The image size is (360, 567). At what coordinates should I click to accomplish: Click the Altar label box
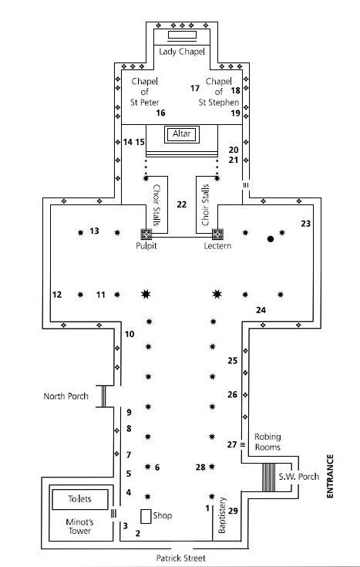[181, 134]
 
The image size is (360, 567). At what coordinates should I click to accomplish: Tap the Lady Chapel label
[182, 52]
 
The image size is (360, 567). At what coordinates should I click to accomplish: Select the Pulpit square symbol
[146, 235]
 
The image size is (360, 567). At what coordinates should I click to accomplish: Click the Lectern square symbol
[217, 235]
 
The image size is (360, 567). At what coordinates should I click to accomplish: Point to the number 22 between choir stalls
[181, 204]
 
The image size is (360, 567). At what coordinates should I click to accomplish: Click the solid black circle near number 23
[271, 239]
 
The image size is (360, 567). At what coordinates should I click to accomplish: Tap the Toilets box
[80, 499]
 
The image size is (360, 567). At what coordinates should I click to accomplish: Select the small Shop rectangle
[146, 516]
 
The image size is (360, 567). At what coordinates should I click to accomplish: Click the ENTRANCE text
[330, 476]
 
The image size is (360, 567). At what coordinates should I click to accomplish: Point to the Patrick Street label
[180, 559]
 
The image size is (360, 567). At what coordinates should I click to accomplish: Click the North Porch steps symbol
[103, 397]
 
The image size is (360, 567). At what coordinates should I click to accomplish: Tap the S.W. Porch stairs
[268, 478]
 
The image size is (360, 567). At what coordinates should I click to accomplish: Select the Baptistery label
[222, 515]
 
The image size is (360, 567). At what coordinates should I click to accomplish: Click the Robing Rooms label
[267, 442]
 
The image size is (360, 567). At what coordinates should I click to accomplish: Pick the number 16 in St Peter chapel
[160, 113]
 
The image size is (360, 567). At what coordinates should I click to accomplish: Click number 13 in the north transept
[94, 231]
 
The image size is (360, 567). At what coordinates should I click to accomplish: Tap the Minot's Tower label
[79, 526]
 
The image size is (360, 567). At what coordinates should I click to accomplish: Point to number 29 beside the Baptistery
[233, 511]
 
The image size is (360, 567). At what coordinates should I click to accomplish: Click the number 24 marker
[261, 310]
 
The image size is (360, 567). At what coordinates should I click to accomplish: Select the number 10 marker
[130, 334]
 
